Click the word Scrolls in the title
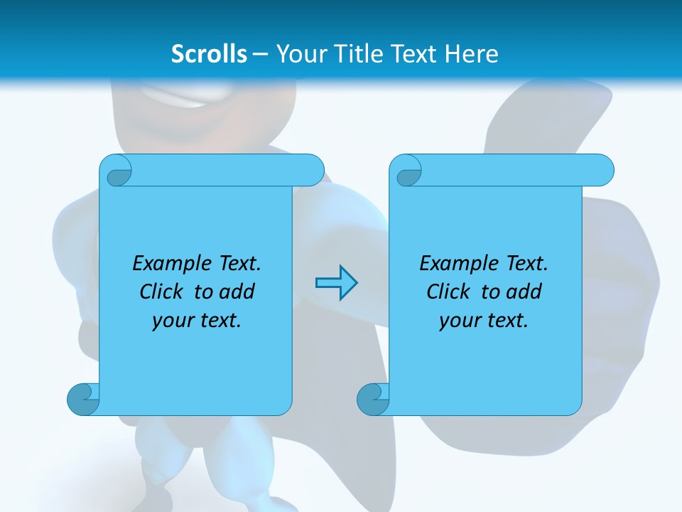tap(209, 54)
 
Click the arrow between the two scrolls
tap(336, 283)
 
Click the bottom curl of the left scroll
tap(84, 399)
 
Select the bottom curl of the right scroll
tap(373, 399)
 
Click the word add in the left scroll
tap(237, 292)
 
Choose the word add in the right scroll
tap(524, 292)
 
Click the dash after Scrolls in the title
tap(261, 54)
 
